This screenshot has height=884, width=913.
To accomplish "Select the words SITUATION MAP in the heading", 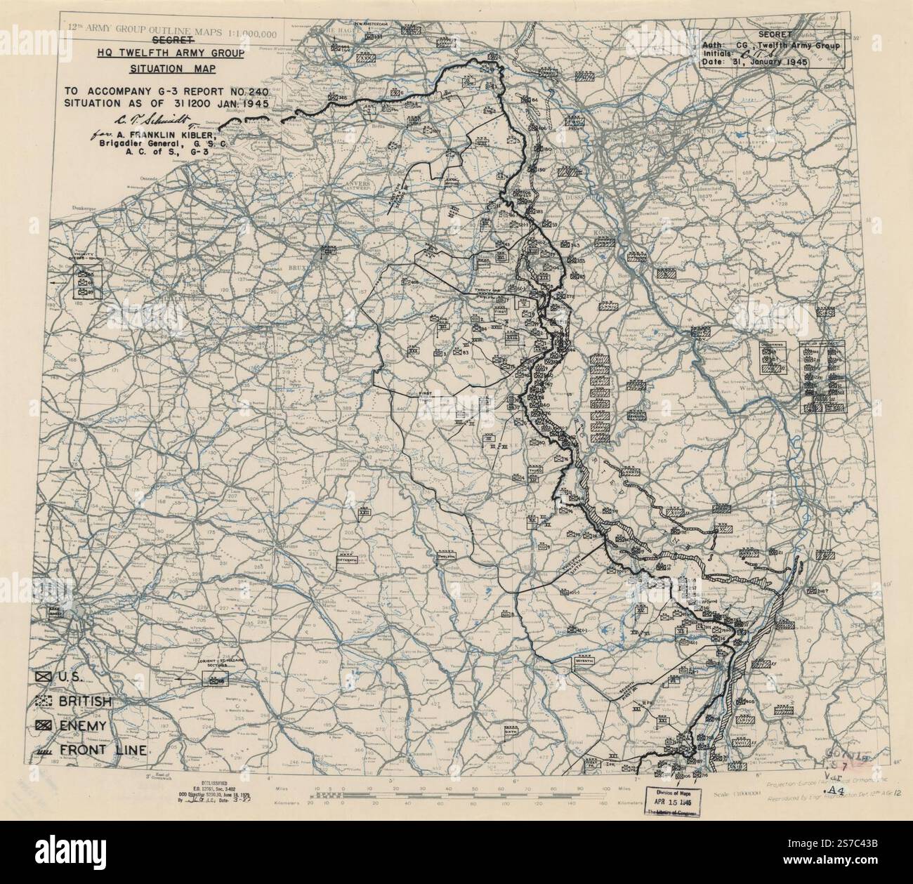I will click(x=171, y=70).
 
